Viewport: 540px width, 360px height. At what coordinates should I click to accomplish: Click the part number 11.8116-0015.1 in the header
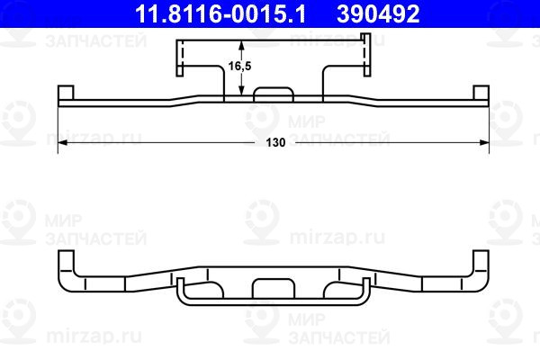click(x=220, y=14)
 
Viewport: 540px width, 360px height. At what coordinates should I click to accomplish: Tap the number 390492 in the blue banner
click(x=378, y=14)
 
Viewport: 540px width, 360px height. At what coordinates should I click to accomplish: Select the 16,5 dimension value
click(x=239, y=66)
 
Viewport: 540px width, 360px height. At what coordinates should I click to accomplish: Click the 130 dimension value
click(x=275, y=142)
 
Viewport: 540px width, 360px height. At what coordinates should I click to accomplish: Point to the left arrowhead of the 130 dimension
click(x=63, y=142)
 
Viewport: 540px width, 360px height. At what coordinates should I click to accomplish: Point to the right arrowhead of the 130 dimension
click(x=484, y=142)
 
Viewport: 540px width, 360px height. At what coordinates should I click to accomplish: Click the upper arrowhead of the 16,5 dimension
click(x=241, y=45)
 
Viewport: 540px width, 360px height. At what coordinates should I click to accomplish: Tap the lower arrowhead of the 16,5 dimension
click(x=241, y=90)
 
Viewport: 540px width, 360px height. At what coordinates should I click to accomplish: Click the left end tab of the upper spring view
click(x=66, y=93)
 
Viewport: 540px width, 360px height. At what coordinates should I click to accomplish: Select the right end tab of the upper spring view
click(x=481, y=93)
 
